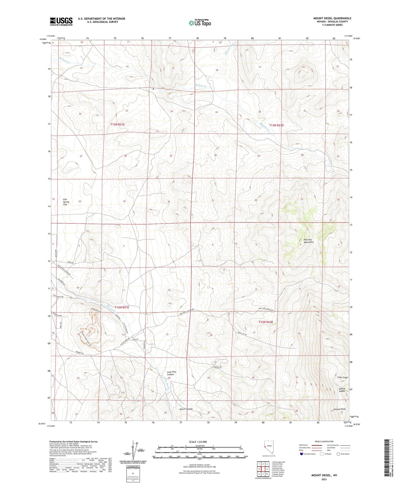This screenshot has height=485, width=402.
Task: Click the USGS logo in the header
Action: [x=61, y=21]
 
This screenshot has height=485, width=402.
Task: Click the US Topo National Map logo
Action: [x=199, y=23]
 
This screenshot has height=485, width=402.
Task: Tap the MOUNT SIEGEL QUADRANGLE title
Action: [x=332, y=18]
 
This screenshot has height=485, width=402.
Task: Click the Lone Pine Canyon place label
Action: [x=171, y=373]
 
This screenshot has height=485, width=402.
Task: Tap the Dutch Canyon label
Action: [x=186, y=409]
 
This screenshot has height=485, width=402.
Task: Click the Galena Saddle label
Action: [x=342, y=390]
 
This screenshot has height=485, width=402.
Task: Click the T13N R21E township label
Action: [x=117, y=125]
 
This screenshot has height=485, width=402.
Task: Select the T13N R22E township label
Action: [x=276, y=125]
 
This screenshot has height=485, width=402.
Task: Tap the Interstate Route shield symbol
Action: [x=302, y=454]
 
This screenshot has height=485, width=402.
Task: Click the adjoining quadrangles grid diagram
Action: [x=263, y=470]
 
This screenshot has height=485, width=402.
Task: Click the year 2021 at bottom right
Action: [x=324, y=479]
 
